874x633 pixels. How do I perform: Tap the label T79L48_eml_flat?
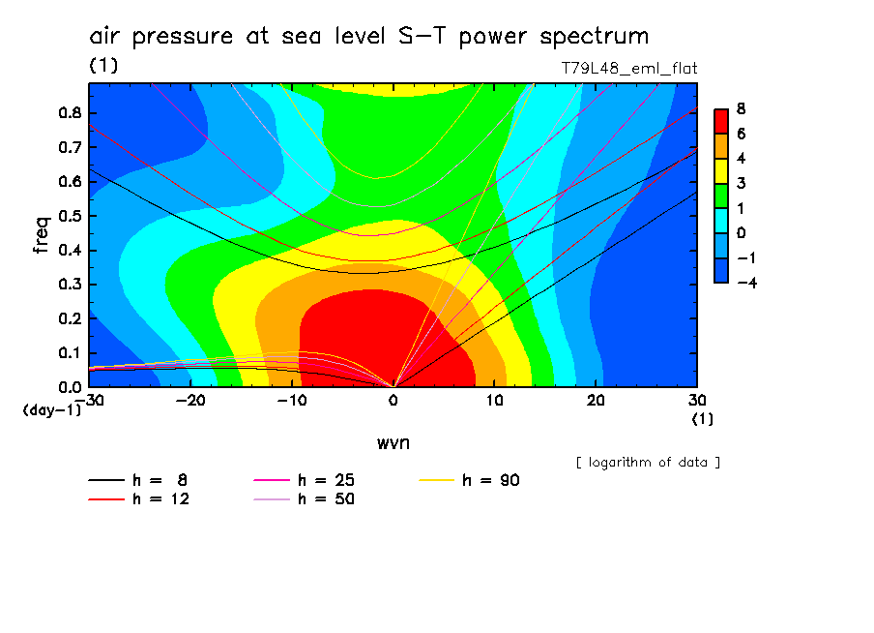(629, 69)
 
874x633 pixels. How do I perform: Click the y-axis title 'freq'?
(42, 234)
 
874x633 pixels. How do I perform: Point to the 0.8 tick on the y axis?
(69, 112)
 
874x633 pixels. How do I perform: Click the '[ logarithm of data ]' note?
(648, 462)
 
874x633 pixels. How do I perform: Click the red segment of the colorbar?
(720, 121)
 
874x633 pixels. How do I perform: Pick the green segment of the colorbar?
(720, 195)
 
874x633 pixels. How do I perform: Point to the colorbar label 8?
(741, 108)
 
